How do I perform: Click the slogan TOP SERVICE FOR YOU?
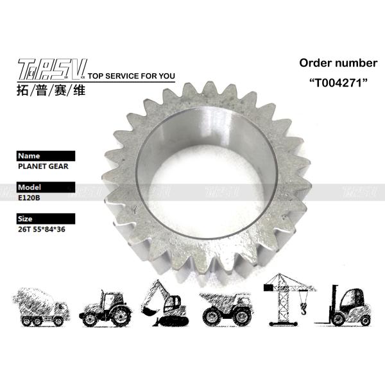coord(131,76)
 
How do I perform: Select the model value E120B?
coord(30,198)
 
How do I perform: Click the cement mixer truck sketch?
coord(40,307)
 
